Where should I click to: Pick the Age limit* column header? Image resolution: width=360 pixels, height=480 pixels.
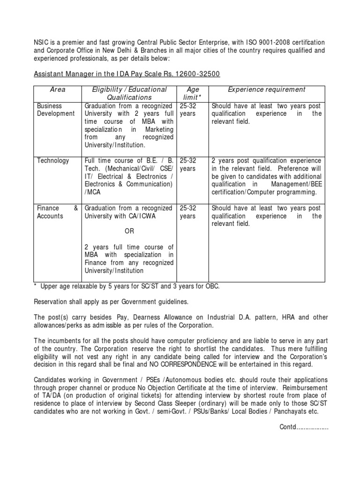[x=193, y=93]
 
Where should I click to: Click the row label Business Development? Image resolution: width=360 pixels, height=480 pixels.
[x=55, y=110]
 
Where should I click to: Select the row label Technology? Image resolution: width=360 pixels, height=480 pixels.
[x=53, y=161]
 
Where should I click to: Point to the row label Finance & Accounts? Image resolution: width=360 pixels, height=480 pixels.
[x=57, y=212]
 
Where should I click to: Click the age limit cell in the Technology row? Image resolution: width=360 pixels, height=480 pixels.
[x=188, y=165]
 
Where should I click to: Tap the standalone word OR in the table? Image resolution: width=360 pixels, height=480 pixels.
[x=128, y=231]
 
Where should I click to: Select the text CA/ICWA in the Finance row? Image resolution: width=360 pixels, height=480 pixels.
[x=142, y=216]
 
